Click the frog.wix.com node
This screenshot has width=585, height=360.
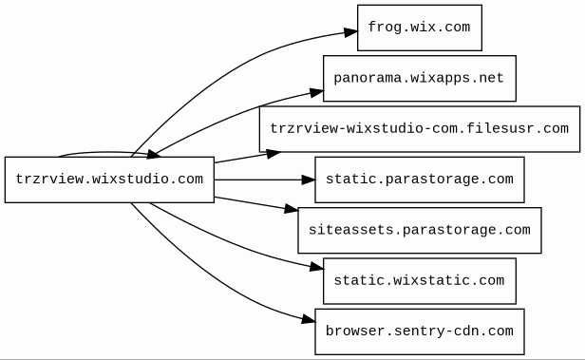(420, 28)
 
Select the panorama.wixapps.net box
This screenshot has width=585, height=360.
(420, 78)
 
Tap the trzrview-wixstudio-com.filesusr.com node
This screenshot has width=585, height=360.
(420, 129)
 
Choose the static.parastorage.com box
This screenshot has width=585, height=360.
(420, 180)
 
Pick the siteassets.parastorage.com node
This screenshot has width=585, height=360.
(420, 230)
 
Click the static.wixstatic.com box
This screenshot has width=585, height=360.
(420, 281)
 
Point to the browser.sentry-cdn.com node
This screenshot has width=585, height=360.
(420, 332)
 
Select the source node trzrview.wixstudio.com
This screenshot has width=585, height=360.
(109, 180)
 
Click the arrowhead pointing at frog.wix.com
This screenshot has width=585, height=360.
(350, 32)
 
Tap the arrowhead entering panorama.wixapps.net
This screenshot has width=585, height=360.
(316, 92)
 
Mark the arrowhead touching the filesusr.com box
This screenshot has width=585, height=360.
(274, 153)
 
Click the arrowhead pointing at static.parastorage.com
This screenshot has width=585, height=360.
(308, 180)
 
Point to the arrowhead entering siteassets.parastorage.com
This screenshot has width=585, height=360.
(292, 209)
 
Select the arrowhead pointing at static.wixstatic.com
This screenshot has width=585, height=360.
(316, 267)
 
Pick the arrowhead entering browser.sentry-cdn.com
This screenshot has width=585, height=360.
(308, 319)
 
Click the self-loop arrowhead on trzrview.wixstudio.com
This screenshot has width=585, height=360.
(153, 154)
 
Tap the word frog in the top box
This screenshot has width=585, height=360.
(382, 28)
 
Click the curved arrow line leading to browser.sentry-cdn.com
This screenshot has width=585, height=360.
(209, 278)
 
